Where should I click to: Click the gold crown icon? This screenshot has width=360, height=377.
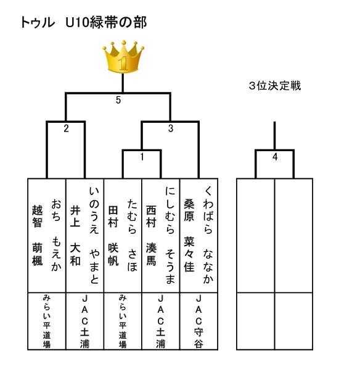[123, 57]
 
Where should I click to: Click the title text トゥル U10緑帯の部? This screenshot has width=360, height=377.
[84, 23]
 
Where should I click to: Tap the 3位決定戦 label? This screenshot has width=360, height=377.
[275, 86]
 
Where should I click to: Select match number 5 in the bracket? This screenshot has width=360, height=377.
[118, 100]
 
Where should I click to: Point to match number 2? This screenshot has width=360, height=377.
[67, 128]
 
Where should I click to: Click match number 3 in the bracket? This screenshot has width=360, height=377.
[171, 128]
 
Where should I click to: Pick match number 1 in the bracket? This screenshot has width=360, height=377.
[142, 157]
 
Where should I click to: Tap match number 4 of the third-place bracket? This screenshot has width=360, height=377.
[275, 157]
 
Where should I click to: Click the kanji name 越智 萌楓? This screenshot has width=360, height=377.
[38, 235]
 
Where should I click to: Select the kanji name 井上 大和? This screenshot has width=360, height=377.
[75, 235]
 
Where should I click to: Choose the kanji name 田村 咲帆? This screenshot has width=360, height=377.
[113, 235]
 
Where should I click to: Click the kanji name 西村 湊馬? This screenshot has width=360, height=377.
[151, 235]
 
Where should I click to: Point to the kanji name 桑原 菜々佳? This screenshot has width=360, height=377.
[189, 235]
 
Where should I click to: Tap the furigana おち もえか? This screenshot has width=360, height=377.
[56, 235]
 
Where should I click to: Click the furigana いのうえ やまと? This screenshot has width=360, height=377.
[94, 235]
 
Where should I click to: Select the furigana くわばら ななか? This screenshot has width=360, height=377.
[208, 235]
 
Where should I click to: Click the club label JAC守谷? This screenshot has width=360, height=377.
[198, 321]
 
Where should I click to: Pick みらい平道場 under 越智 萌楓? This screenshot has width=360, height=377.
[47, 321]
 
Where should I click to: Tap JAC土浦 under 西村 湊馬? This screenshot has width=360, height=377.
[161, 321]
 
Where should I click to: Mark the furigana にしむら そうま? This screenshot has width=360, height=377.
[170, 235]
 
